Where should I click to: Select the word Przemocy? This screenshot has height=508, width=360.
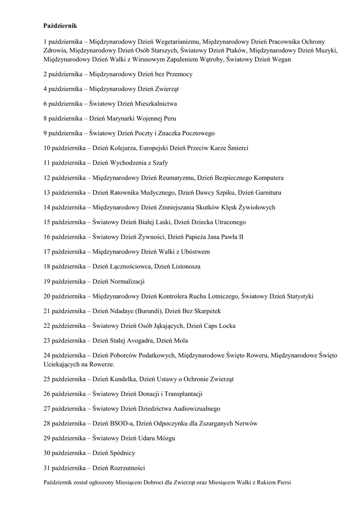click(x=177, y=74)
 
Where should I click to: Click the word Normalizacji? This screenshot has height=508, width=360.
click(x=126, y=281)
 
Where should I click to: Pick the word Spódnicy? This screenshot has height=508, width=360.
click(x=121, y=453)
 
